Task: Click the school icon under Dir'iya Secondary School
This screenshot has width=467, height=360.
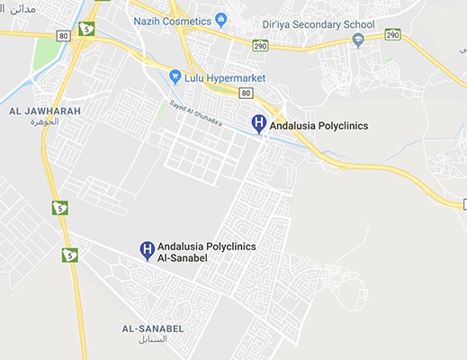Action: point(358,40)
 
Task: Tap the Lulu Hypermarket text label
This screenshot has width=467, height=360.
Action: point(220,77)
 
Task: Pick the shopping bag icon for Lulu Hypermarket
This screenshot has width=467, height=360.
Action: point(175,77)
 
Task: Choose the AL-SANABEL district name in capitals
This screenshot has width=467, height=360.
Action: point(153,329)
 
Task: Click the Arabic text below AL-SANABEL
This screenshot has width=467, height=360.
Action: point(154,341)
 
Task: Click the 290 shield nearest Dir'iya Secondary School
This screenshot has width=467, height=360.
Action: point(392,34)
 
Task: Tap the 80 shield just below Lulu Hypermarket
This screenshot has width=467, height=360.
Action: point(246,92)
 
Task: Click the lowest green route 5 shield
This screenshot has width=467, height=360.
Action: point(69,255)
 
